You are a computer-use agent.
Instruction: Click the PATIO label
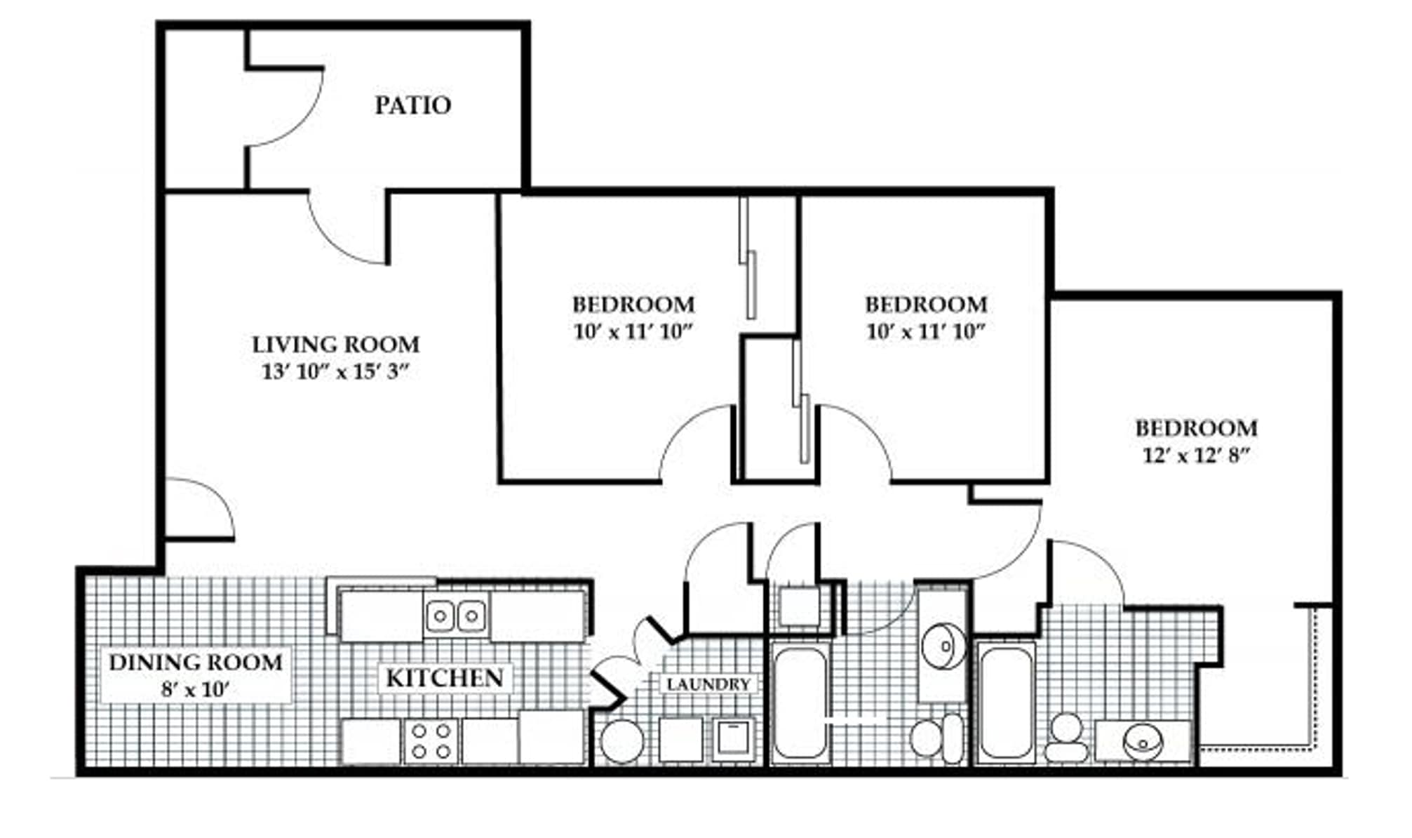coord(412,105)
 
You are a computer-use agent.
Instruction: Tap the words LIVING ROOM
coord(335,345)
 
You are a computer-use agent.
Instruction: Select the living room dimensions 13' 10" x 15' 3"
coord(335,371)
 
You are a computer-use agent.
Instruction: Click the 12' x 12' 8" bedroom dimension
coord(1196,456)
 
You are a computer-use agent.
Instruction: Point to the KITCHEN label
coord(445,678)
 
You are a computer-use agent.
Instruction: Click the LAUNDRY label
coord(708,684)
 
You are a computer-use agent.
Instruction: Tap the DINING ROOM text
coord(196,662)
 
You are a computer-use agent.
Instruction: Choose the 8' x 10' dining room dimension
coord(195,689)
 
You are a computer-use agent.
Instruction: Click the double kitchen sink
coord(456,616)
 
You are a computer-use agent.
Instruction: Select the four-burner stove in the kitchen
coord(431,741)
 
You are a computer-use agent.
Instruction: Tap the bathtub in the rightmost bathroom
coord(1006,703)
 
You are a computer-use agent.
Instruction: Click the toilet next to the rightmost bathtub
coord(1065,740)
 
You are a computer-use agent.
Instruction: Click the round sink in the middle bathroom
coord(941,645)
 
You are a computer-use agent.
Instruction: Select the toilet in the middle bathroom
coord(938,738)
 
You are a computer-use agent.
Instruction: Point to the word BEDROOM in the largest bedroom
coord(1196,428)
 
